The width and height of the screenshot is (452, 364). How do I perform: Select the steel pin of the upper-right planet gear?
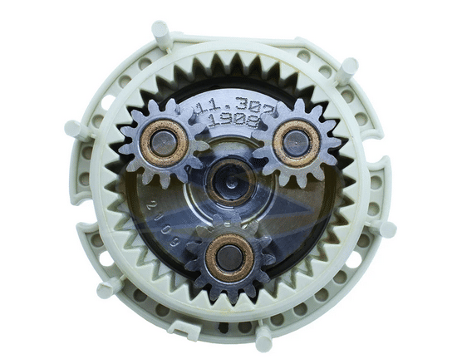(296, 142)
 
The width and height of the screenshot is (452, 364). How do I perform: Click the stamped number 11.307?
(228, 106)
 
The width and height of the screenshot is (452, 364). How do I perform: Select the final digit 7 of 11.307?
(254, 103)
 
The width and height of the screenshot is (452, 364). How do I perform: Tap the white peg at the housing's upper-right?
(347, 66)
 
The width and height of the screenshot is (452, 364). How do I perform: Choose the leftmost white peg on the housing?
(72, 129)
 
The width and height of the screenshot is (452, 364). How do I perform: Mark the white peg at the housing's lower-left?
(107, 289)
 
